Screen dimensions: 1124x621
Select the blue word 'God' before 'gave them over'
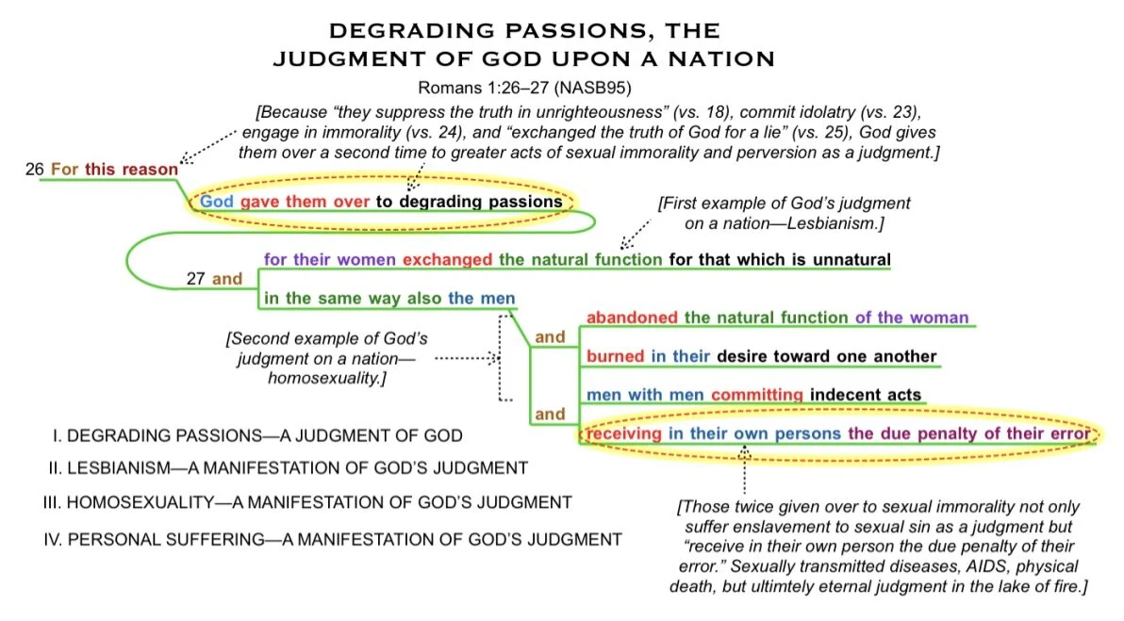click(x=216, y=202)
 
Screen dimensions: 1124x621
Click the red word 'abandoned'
click(x=632, y=318)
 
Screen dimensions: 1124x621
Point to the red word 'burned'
click(x=615, y=356)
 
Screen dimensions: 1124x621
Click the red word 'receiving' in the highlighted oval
click(x=624, y=433)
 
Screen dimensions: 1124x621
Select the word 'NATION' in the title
click(x=719, y=59)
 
